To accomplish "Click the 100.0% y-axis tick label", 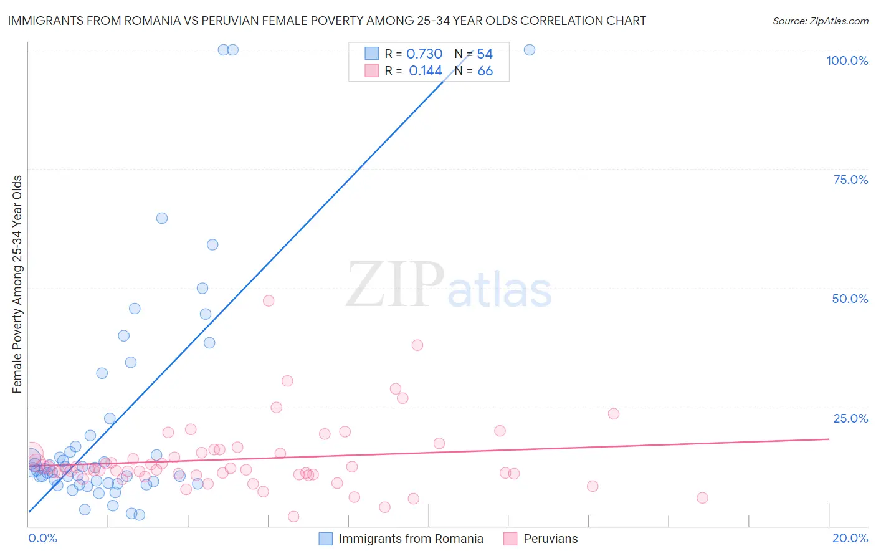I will [847, 60].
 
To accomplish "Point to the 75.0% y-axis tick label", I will [850, 180].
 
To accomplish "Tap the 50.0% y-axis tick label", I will [850, 299].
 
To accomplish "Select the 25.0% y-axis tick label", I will [850, 418].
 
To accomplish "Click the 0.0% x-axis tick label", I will [42, 538].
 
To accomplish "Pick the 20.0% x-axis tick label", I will [850, 538].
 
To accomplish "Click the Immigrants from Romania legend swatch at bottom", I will [325, 539].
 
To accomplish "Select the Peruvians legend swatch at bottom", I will [510, 539].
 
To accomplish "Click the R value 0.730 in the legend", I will [424, 54].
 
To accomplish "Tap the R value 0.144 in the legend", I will [426, 71].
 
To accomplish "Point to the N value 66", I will [485, 71].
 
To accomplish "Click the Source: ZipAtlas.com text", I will [820, 21].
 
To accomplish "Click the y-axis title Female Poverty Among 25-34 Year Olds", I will [17, 284].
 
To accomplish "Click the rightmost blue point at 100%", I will [530, 50].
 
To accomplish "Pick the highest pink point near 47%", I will [269, 300].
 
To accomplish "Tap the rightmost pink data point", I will [702, 497].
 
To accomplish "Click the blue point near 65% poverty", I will [162, 218].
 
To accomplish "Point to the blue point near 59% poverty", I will [212, 245].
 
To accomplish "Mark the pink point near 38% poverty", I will [417, 345].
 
